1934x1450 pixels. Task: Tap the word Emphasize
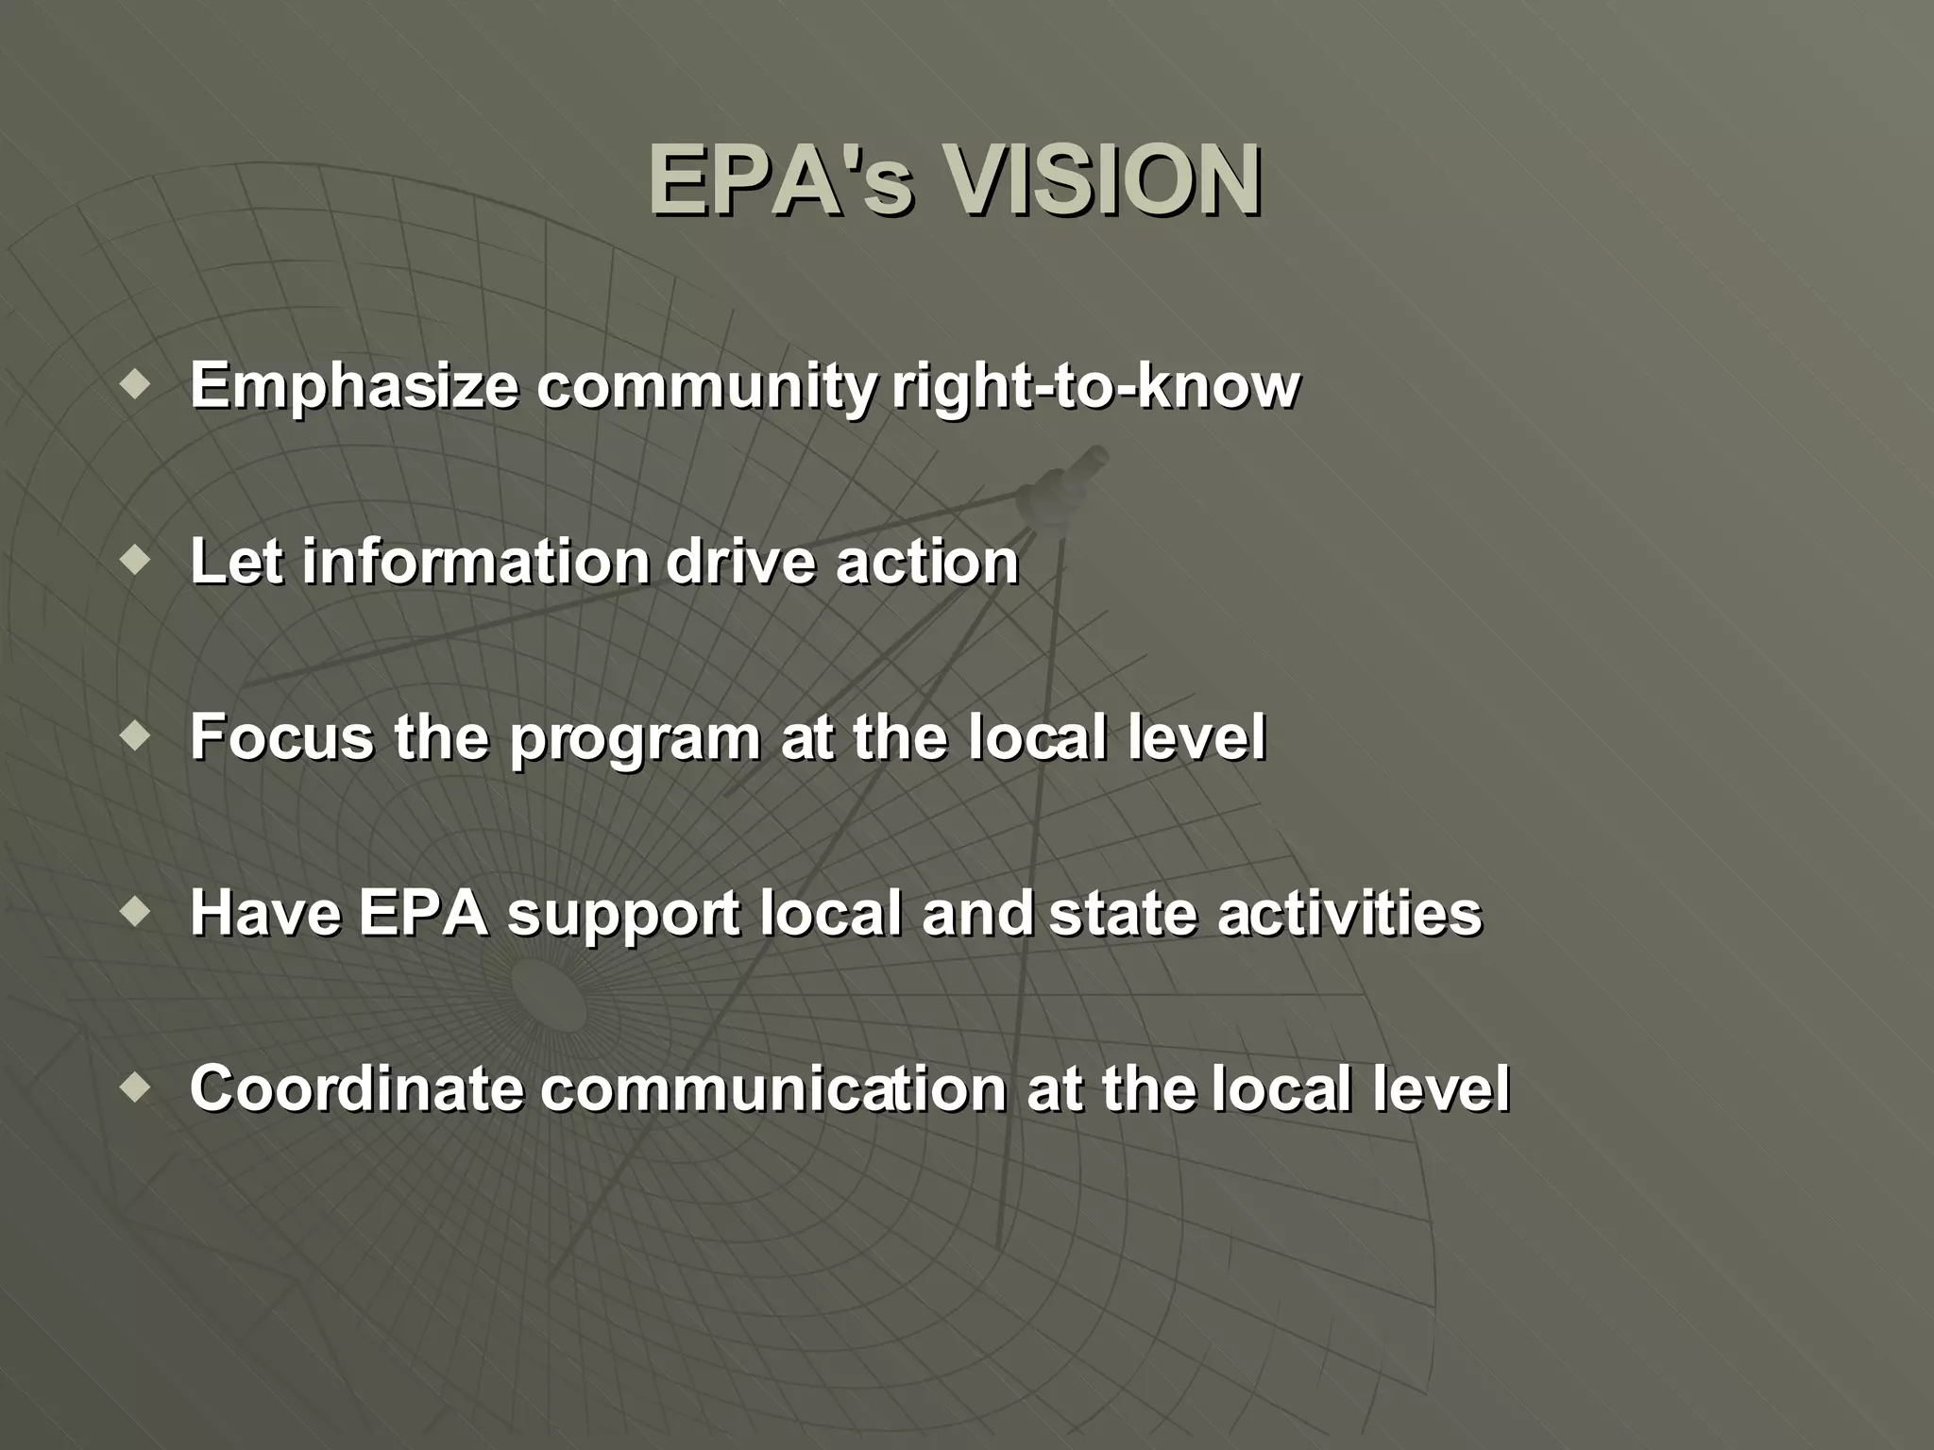point(354,387)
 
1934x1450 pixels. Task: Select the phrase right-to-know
point(1095,387)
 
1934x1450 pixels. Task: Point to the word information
point(476,563)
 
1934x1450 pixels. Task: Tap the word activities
point(1349,914)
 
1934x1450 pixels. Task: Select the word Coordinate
point(356,1088)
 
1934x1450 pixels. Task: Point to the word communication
point(773,1088)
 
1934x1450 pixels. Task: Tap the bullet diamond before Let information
point(137,561)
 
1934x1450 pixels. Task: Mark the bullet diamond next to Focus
point(137,736)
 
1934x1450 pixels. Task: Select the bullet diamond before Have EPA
point(137,912)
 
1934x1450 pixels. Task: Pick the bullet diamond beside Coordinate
point(137,1087)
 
